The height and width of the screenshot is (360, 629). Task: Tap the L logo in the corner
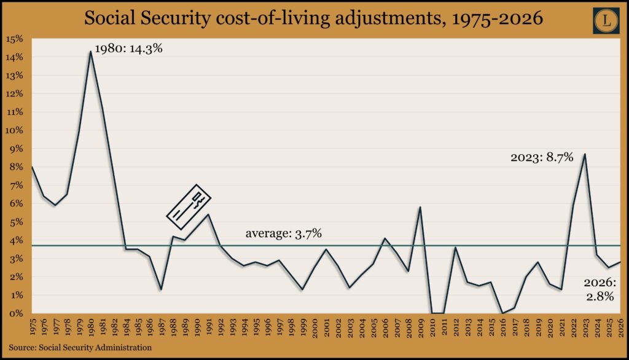tap(607, 21)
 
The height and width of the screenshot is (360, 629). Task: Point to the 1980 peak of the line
tap(91, 51)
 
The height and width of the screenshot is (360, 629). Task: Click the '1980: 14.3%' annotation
tap(128, 49)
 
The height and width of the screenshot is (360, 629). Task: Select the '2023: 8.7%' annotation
tap(542, 157)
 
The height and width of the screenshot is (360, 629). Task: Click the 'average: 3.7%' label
tap(284, 233)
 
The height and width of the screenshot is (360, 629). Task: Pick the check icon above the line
tap(189, 202)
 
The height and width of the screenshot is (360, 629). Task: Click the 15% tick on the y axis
tap(14, 39)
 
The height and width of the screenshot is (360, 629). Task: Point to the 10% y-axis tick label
tap(14, 130)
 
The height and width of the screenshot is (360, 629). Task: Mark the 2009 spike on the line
tap(420, 207)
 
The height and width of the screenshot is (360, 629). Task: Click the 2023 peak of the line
tap(584, 154)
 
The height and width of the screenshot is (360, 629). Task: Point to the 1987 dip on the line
tap(161, 289)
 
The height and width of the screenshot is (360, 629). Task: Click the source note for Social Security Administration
tap(80, 348)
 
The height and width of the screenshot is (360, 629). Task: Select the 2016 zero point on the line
tap(503, 313)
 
